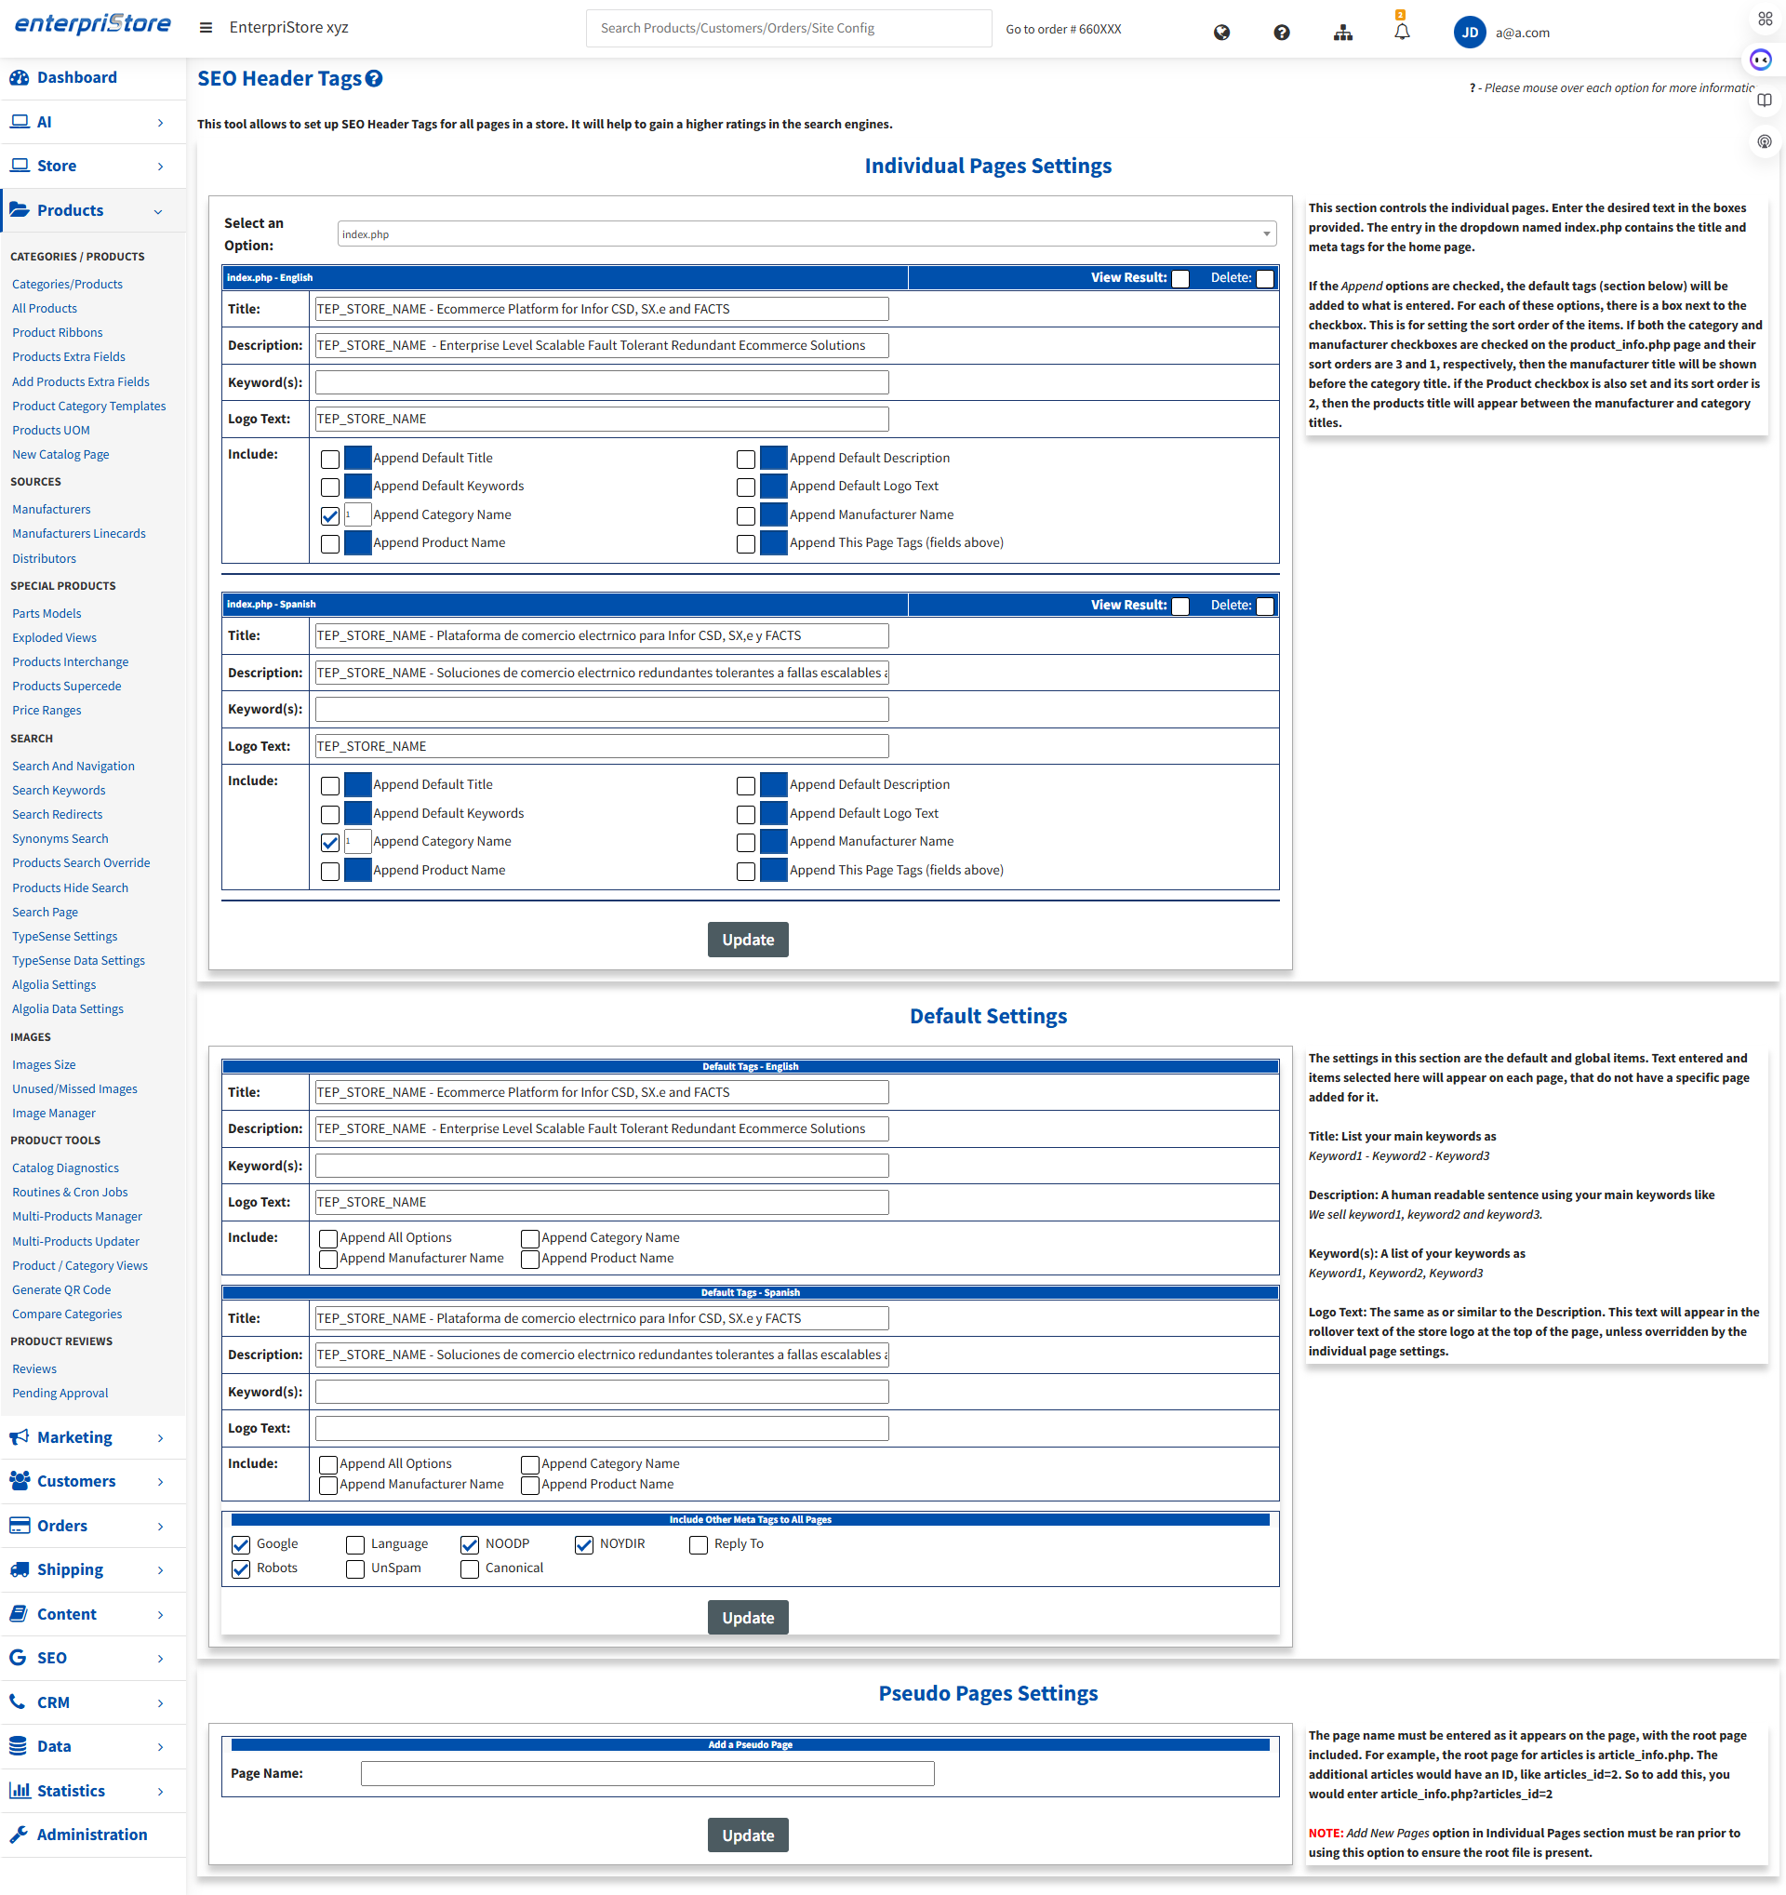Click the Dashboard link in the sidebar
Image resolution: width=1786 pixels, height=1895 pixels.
76,77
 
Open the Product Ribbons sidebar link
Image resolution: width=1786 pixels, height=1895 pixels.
57,333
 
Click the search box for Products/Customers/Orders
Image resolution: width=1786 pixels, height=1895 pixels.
788,29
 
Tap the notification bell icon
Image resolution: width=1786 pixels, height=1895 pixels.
1401,33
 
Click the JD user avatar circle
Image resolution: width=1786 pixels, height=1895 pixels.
1469,33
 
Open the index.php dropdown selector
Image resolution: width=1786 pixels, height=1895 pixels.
806,234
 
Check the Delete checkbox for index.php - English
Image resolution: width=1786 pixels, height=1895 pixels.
1265,279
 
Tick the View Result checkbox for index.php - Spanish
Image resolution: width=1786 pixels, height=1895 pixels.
1180,607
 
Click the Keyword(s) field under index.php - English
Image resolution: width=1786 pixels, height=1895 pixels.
601,382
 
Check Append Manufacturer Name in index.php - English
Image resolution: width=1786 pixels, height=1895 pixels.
746,515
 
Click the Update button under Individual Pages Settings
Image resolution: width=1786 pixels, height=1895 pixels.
747,940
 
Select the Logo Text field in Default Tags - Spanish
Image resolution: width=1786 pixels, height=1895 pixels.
601,1428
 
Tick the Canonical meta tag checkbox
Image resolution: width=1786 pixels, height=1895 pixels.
470,1569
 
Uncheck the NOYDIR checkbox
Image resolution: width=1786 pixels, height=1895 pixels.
584,1545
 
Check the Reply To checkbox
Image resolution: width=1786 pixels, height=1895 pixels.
699,1545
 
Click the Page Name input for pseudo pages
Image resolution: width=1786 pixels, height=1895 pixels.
647,1773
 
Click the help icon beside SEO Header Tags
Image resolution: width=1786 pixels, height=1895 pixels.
375,79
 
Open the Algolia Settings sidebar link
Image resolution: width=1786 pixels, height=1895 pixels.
54,984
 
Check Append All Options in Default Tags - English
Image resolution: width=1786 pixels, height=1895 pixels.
328,1238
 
